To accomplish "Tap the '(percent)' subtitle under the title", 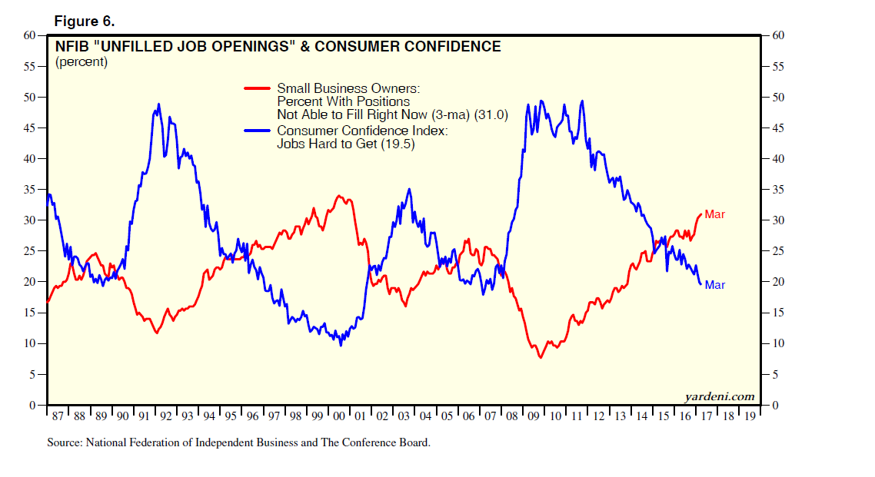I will [82, 62].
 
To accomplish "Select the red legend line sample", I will [257, 88].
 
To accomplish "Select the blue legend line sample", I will [257, 131].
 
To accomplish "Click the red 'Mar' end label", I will [714, 215].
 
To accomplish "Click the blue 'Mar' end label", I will [714, 285].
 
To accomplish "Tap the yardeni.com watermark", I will [719, 396].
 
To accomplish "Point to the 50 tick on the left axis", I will [30, 98].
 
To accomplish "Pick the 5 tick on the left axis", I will [33, 374].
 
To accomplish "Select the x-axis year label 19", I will [749, 416].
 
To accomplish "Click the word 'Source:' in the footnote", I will [65, 442].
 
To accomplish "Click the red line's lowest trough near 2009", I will [541, 357].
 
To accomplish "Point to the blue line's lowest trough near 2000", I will [341, 345].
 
